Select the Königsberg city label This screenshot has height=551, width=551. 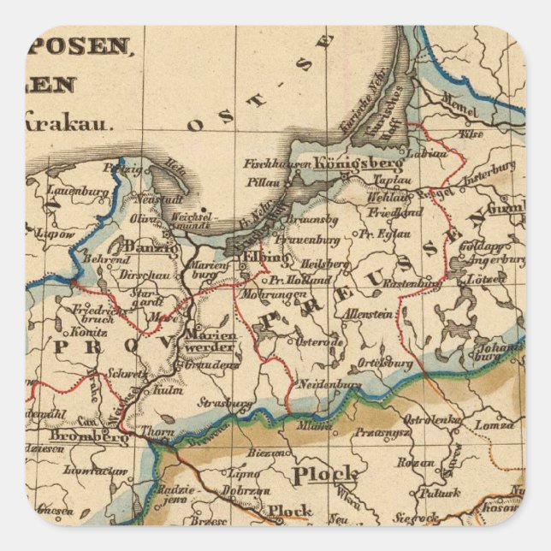347,163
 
